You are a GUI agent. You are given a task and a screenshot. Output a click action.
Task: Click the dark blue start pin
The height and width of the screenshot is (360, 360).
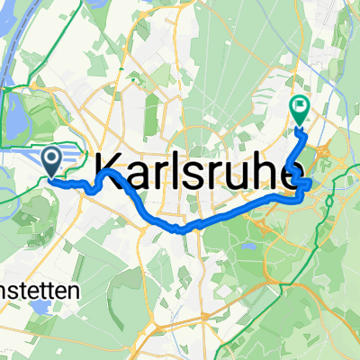(50, 162)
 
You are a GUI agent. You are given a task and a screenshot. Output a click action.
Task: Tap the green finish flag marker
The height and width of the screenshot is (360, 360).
(299, 110)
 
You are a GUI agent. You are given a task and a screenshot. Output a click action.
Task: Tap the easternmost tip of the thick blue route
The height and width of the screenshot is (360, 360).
(310, 184)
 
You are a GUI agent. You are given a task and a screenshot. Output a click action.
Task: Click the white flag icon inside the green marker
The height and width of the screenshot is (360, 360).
(299, 107)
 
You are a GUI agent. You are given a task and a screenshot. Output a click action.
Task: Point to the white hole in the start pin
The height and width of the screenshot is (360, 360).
(50, 158)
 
